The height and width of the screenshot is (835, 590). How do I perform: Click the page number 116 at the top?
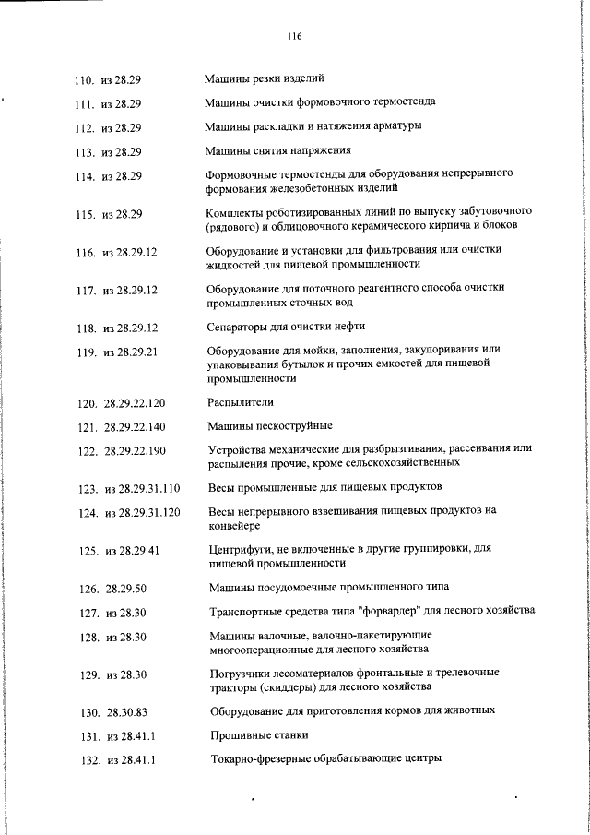[294, 37]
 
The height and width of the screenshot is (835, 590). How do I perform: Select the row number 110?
[85, 80]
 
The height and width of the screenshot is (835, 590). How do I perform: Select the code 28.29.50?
[125, 588]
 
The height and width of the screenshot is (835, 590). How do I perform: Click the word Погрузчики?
[242, 673]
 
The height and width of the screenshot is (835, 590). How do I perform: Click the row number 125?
[88, 551]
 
